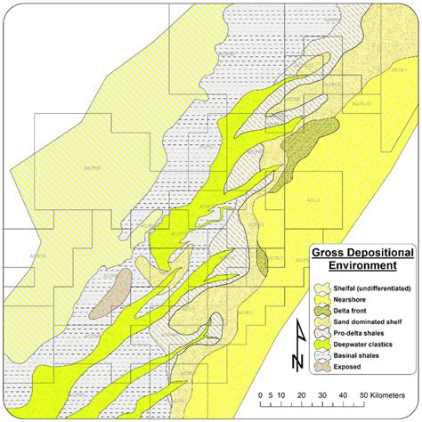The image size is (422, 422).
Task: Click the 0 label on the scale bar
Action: click(259, 393)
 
